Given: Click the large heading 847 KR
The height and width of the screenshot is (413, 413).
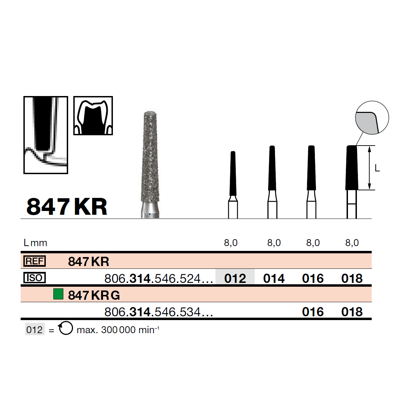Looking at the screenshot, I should tap(67, 207).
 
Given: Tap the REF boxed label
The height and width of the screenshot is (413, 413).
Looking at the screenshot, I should tap(34, 261).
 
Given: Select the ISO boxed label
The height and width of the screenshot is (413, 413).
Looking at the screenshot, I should tap(34, 278).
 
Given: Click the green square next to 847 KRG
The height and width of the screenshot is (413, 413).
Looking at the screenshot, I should tap(58, 295).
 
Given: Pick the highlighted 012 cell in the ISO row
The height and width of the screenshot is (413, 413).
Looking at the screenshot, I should tap(235, 278).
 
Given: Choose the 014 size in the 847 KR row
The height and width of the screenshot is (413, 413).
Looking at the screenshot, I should tap(274, 278).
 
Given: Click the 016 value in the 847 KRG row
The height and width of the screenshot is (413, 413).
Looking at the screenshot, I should tap(313, 312).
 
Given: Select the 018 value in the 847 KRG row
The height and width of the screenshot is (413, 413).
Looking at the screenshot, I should tap(352, 312).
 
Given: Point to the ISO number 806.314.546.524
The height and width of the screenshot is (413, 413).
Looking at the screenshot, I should tap(159, 278).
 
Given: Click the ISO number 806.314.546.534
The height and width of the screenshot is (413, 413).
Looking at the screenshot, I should tap(159, 312).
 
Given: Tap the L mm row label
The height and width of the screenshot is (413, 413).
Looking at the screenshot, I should tap(35, 243).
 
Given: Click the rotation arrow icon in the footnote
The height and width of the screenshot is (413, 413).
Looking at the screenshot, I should tap(65, 328).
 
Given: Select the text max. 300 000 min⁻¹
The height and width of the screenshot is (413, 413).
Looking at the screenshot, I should tap(118, 330).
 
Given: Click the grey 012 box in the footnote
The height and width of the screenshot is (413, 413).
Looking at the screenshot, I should tap(35, 330).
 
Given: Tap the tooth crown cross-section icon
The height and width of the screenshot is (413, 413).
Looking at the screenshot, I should tap(93, 116).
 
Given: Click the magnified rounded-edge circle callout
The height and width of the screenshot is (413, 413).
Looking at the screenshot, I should tap(372, 118).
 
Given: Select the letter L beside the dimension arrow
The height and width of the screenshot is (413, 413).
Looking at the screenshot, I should tap(377, 168).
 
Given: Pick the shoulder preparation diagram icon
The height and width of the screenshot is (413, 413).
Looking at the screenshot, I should tap(46, 135).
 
